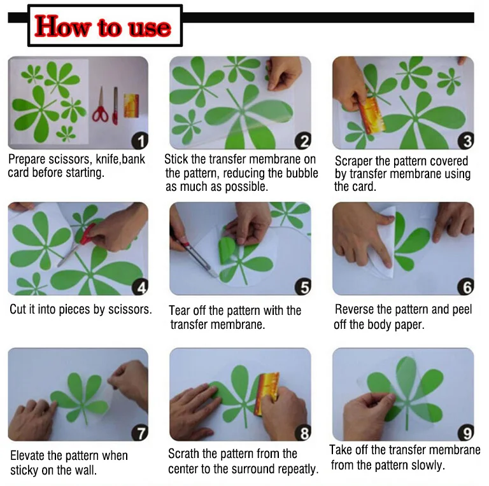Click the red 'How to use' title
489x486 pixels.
pos(103,27)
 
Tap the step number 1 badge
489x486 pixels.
pos(140,141)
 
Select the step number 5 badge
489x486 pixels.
pos(303,287)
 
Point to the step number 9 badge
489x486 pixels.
pos(466,433)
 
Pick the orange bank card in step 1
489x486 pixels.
pos(131,106)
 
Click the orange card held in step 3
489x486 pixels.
pos(371,115)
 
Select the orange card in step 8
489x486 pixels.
pos(267,394)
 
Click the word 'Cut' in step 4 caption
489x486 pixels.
pos(18,309)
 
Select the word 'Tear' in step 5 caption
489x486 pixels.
pos(180,310)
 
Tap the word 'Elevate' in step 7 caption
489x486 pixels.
pos(27,455)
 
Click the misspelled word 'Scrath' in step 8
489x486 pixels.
pos(183,454)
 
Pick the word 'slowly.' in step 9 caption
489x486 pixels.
pos(428,466)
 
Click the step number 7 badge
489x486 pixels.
pos(140,433)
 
